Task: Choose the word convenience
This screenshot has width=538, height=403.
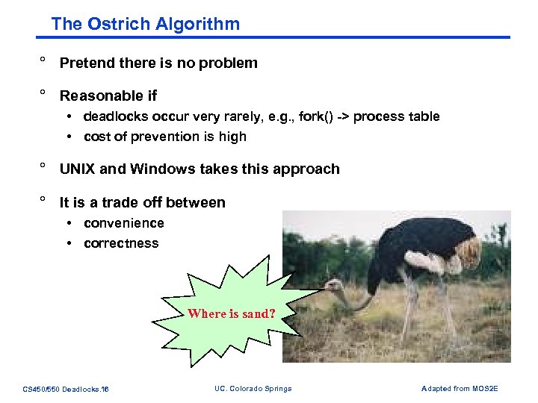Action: point(124,223)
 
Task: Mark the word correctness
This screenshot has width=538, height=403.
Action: point(121,243)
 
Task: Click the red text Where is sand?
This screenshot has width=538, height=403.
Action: point(232,313)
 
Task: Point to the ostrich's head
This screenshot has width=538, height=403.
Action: point(333,286)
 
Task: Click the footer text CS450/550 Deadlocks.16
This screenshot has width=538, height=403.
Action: point(66,389)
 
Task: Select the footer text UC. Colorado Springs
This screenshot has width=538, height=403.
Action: point(253,388)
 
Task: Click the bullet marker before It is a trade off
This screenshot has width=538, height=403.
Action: point(43,201)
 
